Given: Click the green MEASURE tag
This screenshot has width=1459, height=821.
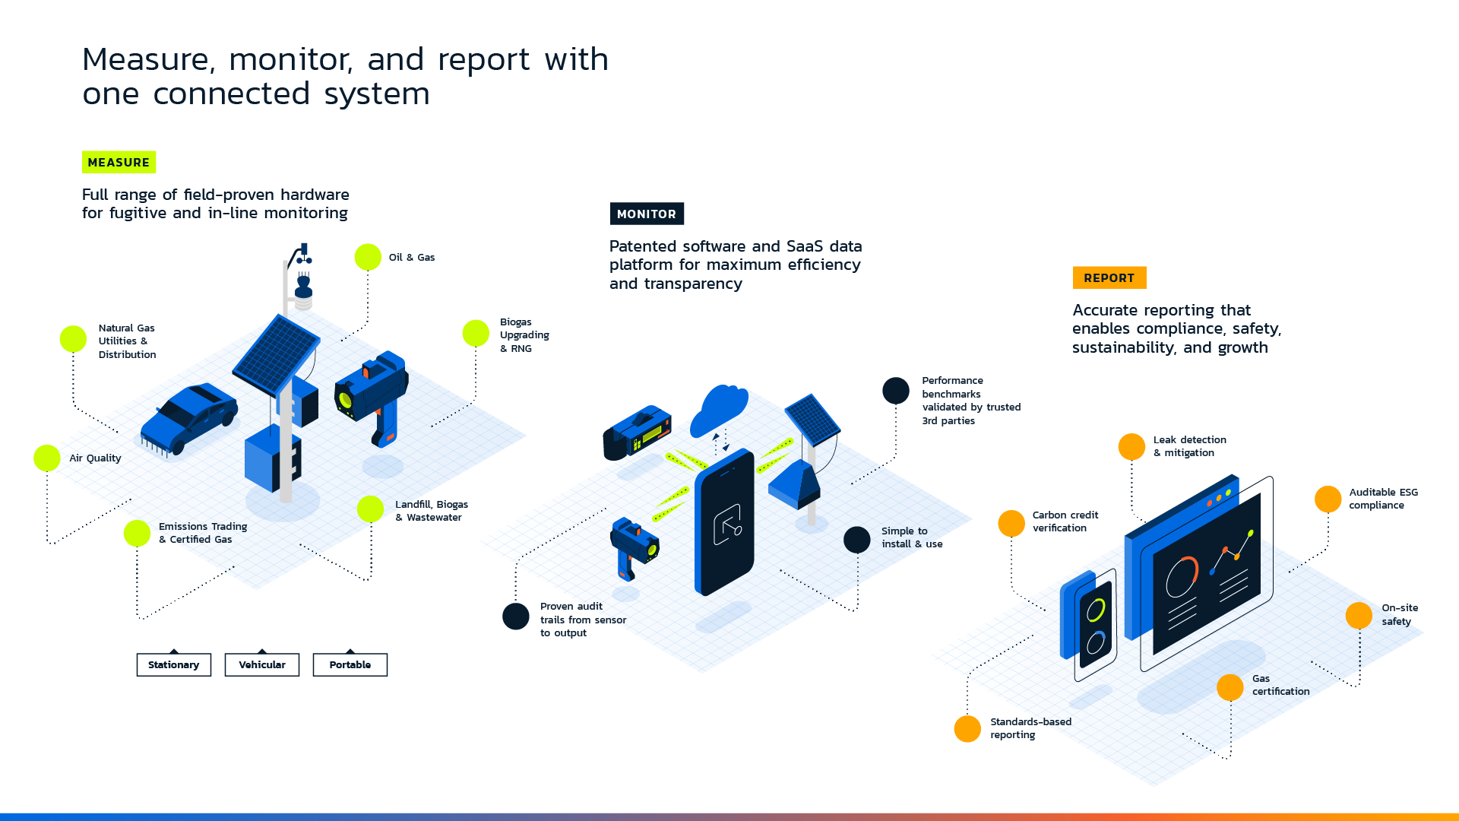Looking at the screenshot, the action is [119, 162].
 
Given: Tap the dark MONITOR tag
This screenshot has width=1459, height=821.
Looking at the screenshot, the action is [647, 214].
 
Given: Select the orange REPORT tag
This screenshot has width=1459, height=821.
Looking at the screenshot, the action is [1109, 277].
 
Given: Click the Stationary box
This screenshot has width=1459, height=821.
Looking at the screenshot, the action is [174, 664].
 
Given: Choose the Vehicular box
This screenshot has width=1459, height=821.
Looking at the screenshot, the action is [262, 664].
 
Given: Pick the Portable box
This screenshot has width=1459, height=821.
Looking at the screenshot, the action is [350, 664].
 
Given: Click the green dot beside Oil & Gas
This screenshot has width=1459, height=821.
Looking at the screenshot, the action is [368, 257].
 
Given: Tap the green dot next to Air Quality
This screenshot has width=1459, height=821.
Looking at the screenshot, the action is [47, 458].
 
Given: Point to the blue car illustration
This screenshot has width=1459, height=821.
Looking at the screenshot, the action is [190, 420].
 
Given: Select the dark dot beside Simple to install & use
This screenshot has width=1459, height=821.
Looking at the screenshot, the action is [857, 540].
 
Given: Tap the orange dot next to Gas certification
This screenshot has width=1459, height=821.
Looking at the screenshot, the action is [1230, 687].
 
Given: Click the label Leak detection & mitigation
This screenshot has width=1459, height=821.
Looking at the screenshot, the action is [1190, 446].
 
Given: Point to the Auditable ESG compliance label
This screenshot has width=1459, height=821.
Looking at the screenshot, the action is [1384, 499].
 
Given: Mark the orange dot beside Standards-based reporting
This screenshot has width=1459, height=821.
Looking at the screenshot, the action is [967, 728].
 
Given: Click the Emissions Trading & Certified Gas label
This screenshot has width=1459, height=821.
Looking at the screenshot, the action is [203, 533].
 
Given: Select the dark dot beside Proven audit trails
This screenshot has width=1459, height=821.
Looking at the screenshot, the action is [516, 616].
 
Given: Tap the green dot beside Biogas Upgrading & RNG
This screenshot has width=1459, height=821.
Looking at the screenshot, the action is [476, 333].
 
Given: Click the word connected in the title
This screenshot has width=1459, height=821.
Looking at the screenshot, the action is [232, 94].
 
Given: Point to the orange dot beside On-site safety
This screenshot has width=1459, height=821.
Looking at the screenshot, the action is [1359, 615].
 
